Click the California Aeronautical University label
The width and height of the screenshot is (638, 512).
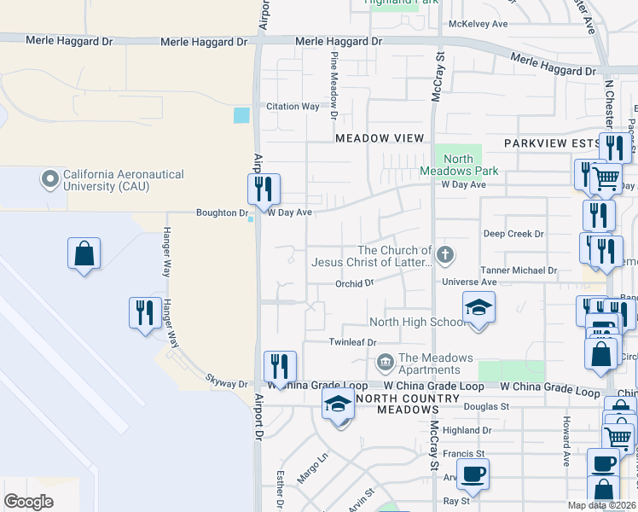click(x=123, y=180)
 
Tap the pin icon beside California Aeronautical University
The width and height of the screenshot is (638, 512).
click(x=49, y=180)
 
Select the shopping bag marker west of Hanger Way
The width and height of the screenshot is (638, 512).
click(x=84, y=253)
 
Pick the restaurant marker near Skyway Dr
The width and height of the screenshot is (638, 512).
click(x=280, y=367)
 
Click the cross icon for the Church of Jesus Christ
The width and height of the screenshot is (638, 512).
click(x=444, y=255)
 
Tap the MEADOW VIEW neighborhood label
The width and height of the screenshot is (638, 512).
click(x=380, y=138)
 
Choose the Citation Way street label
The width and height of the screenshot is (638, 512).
click(x=293, y=107)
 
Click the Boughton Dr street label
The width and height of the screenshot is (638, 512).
click(x=221, y=212)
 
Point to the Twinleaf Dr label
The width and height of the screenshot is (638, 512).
click(x=352, y=342)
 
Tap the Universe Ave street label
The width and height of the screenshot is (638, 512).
click(x=469, y=282)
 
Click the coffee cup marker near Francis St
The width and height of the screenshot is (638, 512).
click(x=473, y=474)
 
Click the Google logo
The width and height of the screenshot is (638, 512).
click(x=28, y=502)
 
